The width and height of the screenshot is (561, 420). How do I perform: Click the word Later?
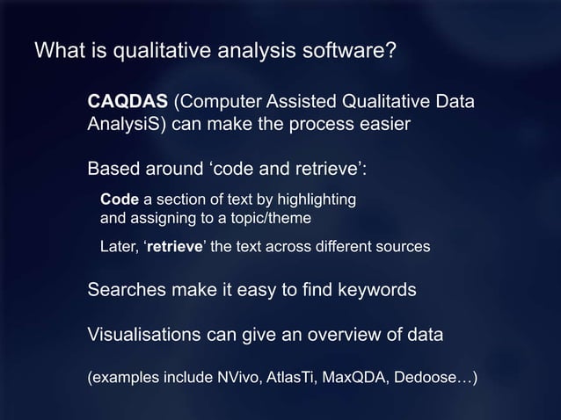118,247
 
